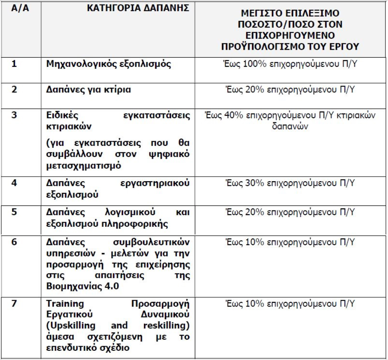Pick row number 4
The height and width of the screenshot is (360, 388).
13,184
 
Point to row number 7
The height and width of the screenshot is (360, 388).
13,304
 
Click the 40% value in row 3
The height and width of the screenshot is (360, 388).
232,115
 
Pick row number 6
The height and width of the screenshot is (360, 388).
13,242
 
